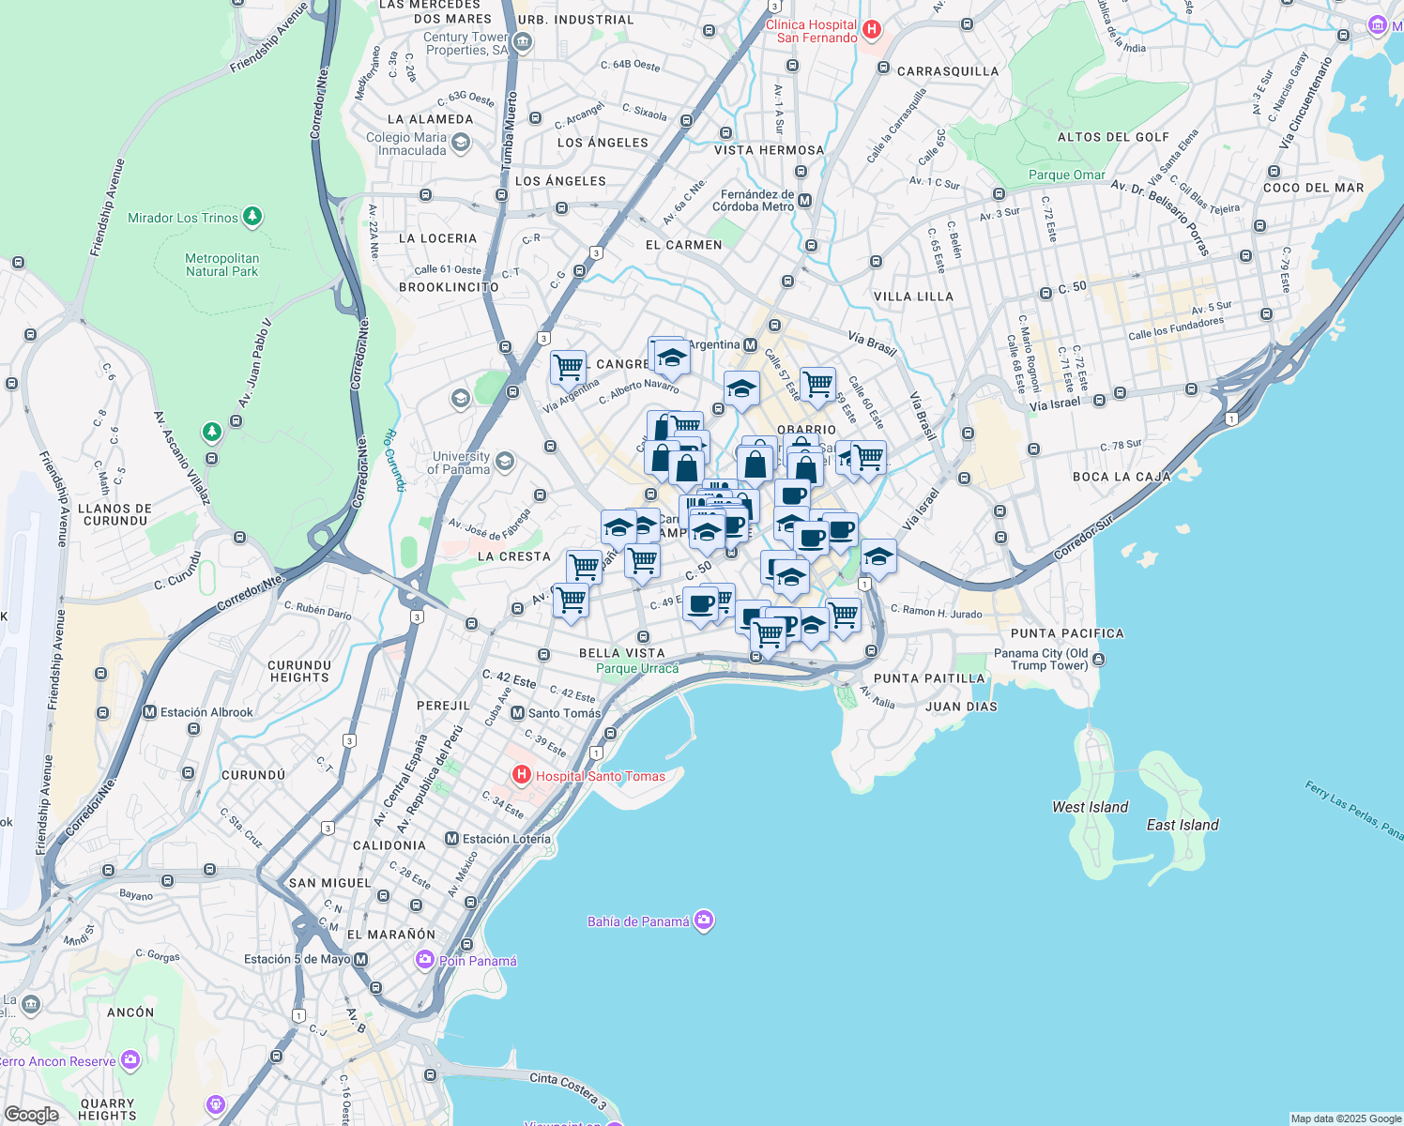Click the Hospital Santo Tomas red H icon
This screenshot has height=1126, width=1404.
tap(522, 776)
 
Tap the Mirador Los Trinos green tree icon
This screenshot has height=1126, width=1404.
tap(252, 218)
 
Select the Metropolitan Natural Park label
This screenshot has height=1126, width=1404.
tap(221, 265)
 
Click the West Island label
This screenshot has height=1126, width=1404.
tap(1090, 807)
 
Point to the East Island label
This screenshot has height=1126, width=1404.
tap(1183, 825)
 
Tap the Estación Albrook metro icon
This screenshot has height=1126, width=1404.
tap(149, 712)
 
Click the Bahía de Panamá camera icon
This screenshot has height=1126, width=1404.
tap(704, 921)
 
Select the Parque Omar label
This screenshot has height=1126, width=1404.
tap(1067, 175)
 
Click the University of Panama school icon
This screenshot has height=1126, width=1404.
tap(505, 461)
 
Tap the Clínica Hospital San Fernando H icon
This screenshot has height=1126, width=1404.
tap(871, 30)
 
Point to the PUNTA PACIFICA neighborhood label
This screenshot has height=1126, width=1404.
tap(1067, 633)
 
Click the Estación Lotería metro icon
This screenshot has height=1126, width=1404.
tap(451, 839)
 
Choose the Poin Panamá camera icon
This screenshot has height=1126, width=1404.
tap(425, 960)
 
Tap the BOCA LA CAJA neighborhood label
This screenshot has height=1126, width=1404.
tap(1122, 477)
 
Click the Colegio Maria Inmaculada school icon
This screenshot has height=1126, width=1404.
tap(460, 143)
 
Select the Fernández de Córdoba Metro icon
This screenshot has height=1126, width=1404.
tap(804, 201)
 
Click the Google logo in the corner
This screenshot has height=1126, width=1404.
tap(31, 1115)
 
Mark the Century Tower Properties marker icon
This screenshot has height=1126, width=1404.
tap(523, 42)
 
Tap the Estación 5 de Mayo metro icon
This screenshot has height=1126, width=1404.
tap(360, 959)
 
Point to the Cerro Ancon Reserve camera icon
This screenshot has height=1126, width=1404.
tap(130, 1061)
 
